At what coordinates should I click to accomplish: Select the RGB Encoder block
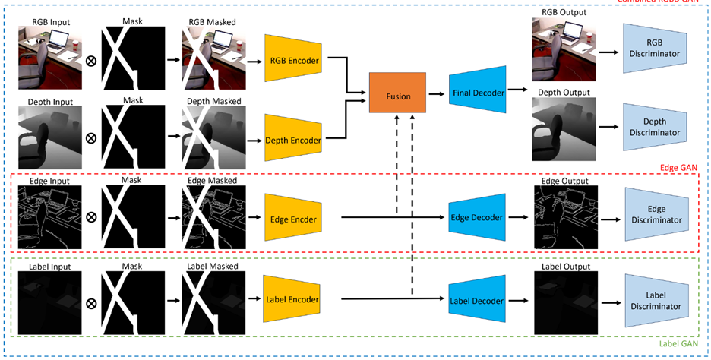[x=294, y=58]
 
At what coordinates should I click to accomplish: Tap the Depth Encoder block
[x=294, y=139]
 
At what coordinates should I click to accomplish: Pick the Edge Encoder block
[x=294, y=219]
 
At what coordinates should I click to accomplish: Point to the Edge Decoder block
[x=477, y=218]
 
